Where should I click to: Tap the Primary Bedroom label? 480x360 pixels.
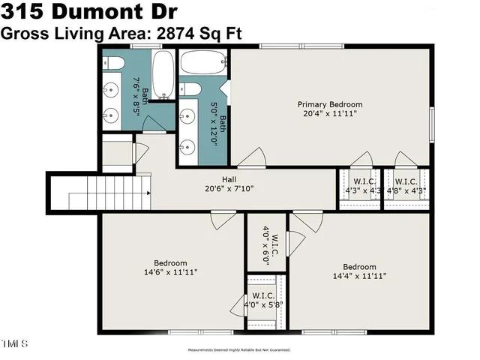point(330,104)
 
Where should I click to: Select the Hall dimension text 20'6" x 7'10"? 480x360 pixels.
point(229,189)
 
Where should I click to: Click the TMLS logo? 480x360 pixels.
point(14,344)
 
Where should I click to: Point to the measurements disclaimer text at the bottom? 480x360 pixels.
point(238,349)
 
